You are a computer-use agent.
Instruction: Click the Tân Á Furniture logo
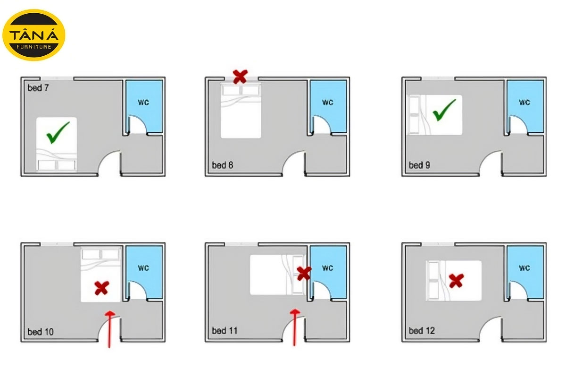coord(33,35)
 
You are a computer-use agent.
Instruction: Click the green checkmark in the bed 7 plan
coord(58,132)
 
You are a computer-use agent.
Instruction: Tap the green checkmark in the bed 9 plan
coord(444,110)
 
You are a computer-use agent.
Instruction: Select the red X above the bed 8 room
coord(240,77)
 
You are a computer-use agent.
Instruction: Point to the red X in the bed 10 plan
coord(102,288)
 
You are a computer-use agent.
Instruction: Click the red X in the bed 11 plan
coord(304,274)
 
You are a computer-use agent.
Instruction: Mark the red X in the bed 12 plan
coord(457,281)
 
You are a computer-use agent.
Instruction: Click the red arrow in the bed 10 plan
coord(109,329)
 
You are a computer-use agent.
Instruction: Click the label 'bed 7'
coord(38,88)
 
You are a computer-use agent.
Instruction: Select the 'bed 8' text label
coord(222,165)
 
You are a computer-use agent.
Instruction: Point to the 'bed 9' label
coord(419,165)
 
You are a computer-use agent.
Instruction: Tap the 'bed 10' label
coord(41,332)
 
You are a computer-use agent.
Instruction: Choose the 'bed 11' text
coord(225,330)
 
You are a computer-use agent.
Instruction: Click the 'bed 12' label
coord(422,330)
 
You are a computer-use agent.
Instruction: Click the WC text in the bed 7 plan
coord(143,102)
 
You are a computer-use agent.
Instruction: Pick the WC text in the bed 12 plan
coord(524,267)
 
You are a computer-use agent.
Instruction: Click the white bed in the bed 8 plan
coord(241,111)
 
